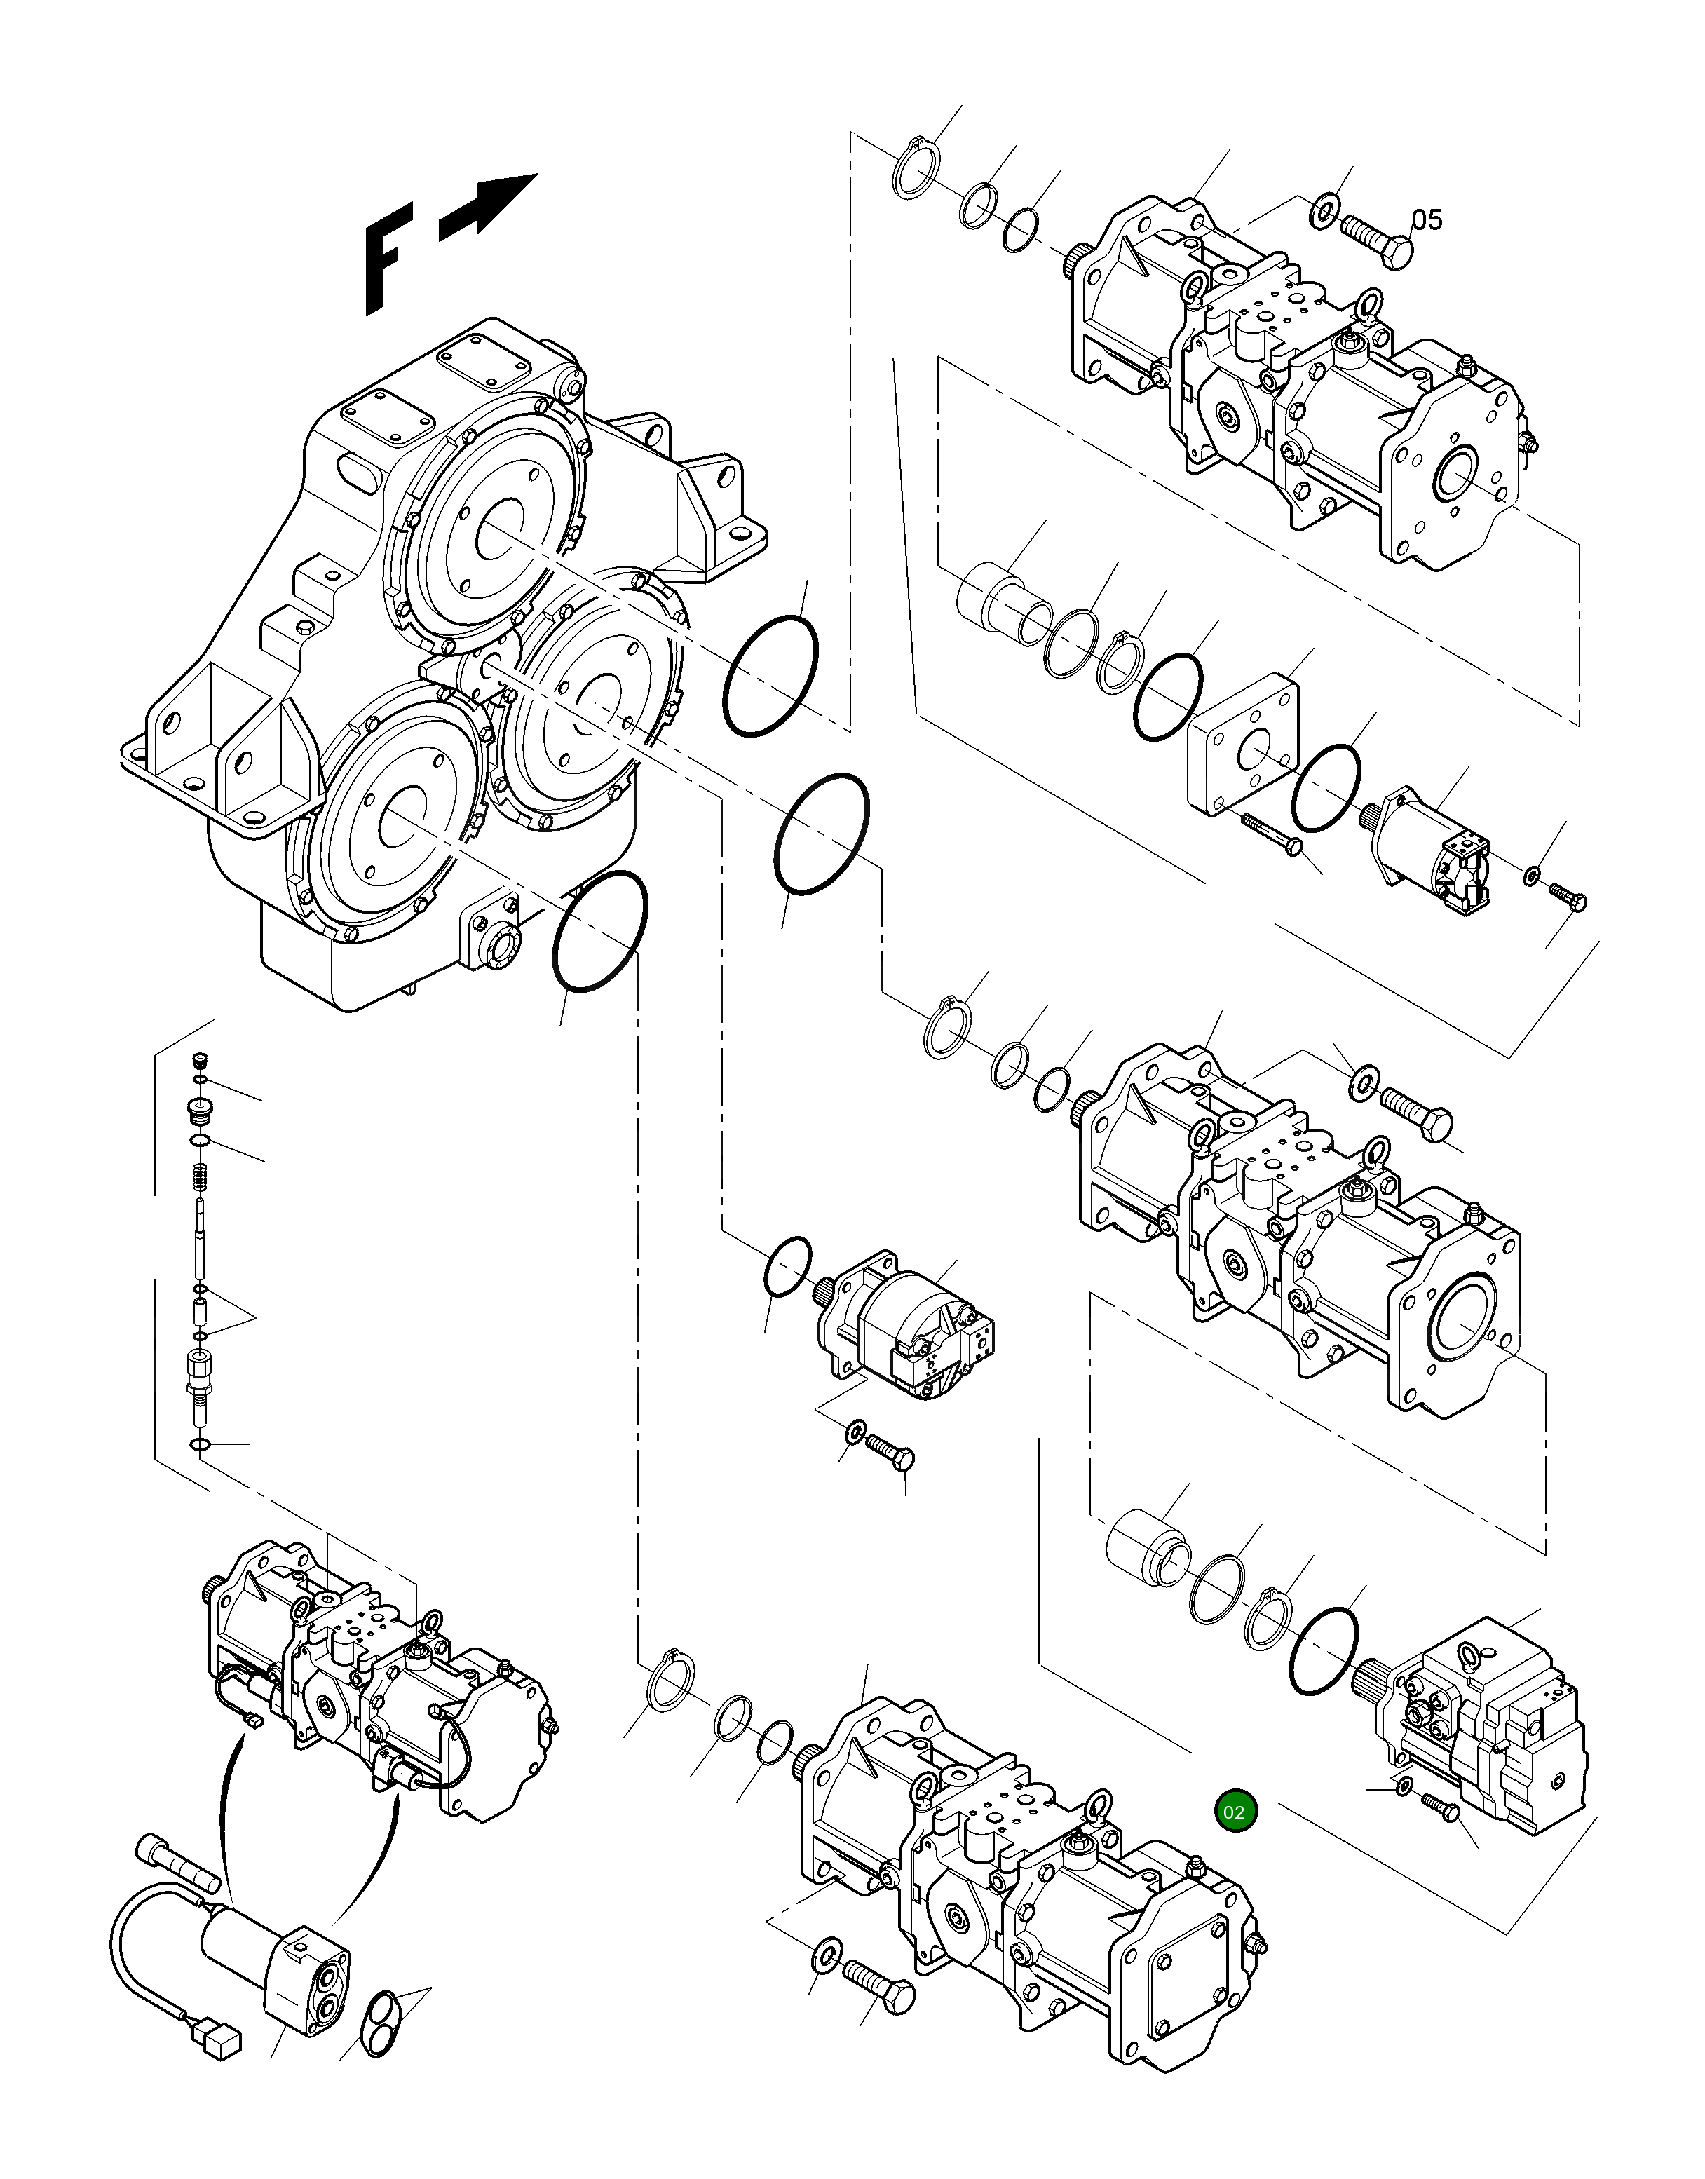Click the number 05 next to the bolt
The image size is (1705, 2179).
pos(1427,219)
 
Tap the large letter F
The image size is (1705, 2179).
pos(387,257)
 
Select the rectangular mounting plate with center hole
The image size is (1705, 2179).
pos(1244,749)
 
